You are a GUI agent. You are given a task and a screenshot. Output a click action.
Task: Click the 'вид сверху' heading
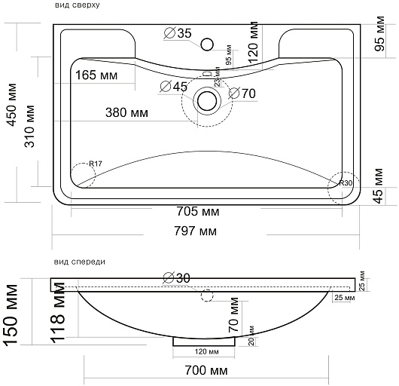click(77, 5)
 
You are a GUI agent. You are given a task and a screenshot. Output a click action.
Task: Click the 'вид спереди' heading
click(79, 262)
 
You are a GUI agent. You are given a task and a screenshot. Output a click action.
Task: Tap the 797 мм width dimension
click(196, 231)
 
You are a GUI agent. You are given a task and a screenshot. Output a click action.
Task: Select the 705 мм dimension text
click(198, 211)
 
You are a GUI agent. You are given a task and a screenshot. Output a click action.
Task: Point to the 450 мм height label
click(12, 105)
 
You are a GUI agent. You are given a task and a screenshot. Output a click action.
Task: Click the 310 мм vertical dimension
click(29, 126)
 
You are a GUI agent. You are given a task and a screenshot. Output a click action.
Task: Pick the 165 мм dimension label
click(96, 75)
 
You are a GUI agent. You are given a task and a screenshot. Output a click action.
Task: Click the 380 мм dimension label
click(126, 112)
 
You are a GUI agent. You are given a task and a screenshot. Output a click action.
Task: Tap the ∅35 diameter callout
click(178, 33)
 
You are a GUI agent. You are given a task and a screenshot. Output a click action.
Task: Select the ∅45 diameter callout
click(174, 87)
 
